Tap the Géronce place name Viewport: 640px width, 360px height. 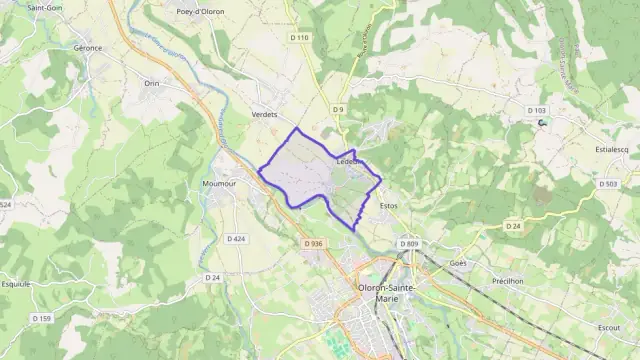click(89, 47)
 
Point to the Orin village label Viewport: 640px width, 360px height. click(152, 83)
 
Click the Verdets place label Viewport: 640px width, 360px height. click(265, 114)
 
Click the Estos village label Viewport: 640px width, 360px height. click(389, 206)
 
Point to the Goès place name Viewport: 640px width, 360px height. click(458, 263)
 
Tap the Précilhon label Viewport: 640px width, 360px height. click(508, 281)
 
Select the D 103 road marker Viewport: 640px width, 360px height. click(537, 110)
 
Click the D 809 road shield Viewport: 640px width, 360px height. click(408, 243)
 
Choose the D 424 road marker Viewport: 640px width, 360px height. click(236, 239)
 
